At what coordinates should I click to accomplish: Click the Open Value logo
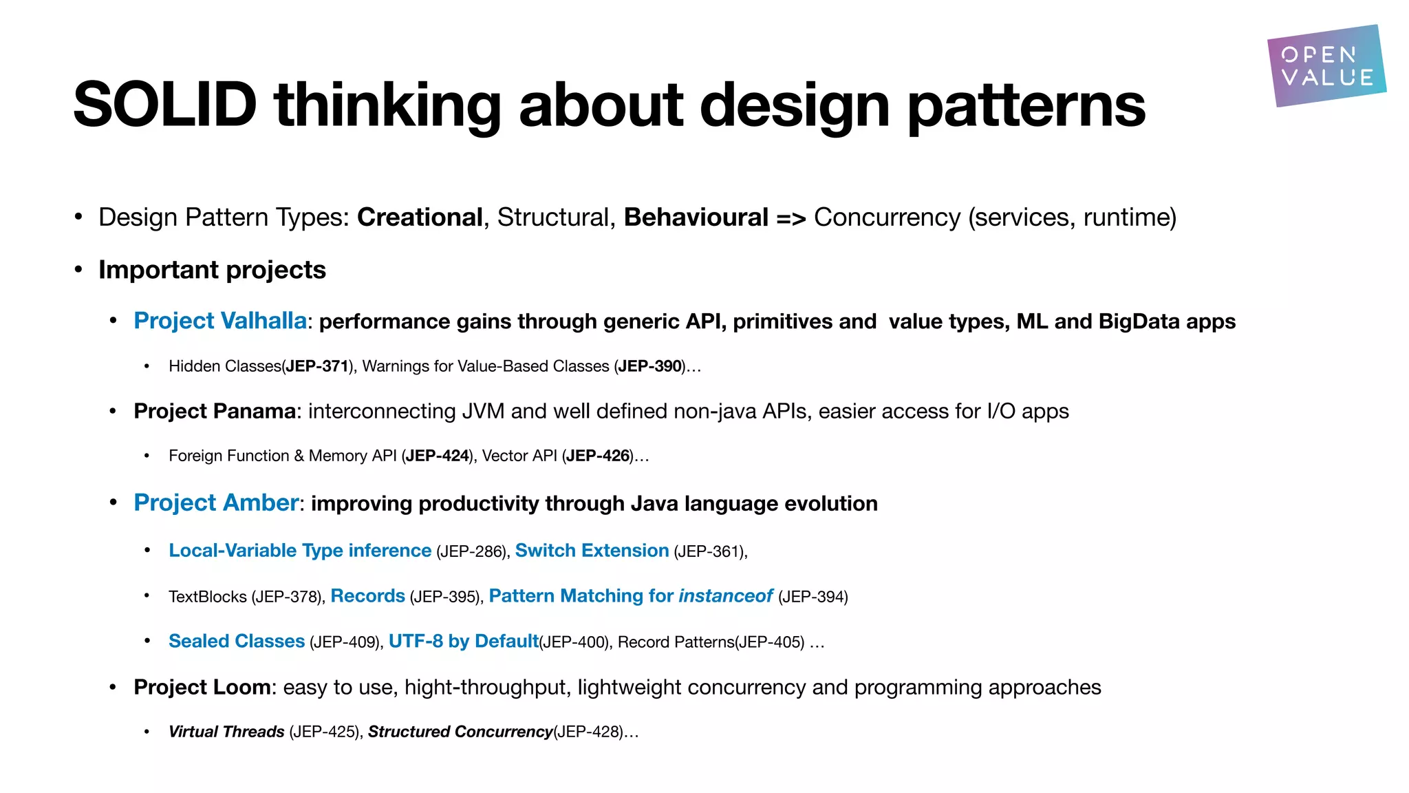pos(1326,66)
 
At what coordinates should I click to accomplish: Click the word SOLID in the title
pos(165,105)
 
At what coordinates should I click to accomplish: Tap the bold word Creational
pos(420,218)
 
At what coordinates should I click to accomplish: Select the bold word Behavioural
pos(696,218)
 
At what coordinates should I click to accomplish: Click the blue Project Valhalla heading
pos(220,321)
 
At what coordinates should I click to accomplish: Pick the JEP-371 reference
pos(317,366)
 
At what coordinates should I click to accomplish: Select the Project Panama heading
pos(215,411)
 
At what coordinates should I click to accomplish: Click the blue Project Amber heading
pos(216,503)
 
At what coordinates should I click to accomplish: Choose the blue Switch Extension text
pos(592,551)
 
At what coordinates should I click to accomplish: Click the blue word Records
pos(367,596)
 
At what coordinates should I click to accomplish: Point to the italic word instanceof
pos(725,596)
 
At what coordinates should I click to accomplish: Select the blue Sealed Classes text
pos(237,642)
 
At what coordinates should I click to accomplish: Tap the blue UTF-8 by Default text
pos(463,642)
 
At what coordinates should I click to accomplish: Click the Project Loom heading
pos(202,687)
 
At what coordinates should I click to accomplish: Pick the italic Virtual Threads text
pos(226,732)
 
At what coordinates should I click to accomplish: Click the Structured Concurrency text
pos(460,732)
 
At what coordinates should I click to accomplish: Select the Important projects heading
pos(212,270)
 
